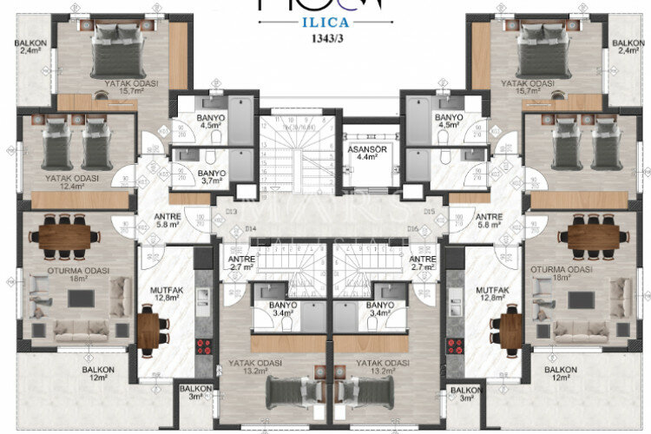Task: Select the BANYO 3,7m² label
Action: coord(212,177)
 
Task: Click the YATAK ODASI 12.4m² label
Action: coord(71,182)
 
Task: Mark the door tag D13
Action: coord(231,211)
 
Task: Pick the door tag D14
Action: coord(252,228)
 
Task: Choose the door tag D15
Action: coord(427,211)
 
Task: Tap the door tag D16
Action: coord(412,228)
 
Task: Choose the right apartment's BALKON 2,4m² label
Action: coord(628,48)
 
